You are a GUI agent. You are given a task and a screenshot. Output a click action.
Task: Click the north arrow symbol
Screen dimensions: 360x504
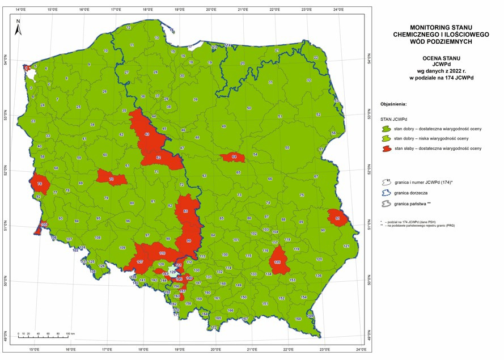(x=18, y=28)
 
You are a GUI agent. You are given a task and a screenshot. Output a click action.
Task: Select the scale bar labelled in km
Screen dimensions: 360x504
(x=43, y=336)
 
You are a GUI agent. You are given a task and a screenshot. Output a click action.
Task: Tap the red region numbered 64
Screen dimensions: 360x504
(x=234, y=157)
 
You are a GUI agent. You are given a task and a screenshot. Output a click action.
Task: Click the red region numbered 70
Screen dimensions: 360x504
(x=111, y=178)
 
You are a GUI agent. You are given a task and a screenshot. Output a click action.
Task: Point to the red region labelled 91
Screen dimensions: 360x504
(x=338, y=218)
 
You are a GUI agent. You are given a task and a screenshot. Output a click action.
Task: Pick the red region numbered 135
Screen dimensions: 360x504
(x=277, y=261)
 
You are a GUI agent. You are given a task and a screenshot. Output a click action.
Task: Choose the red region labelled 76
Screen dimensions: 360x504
(x=41, y=184)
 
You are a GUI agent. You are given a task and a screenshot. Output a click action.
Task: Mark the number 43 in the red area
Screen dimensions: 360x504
(x=147, y=134)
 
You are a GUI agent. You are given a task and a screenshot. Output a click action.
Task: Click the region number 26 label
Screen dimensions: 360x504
(x=104, y=91)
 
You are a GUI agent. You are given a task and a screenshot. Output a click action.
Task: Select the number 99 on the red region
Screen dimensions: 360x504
(x=189, y=241)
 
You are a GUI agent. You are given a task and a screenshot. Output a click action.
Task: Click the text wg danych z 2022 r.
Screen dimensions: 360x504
(x=441, y=71)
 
